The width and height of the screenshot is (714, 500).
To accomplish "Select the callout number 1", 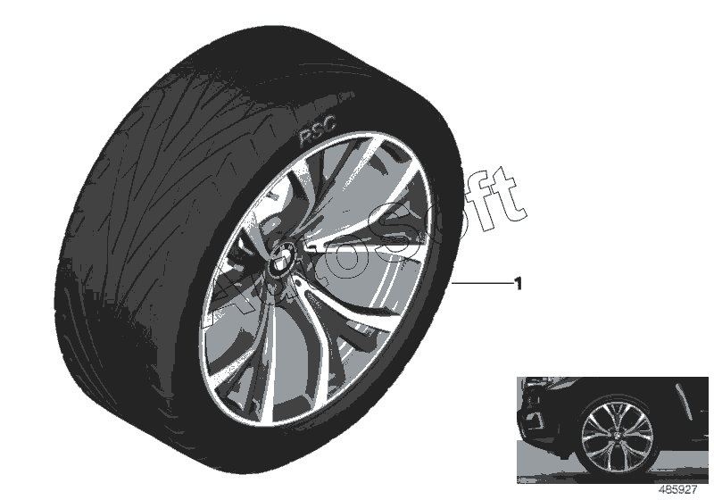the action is (x=517, y=283).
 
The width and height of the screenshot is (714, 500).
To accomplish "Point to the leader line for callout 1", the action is (x=482, y=283).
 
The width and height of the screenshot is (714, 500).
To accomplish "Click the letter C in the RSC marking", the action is (x=328, y=131).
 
